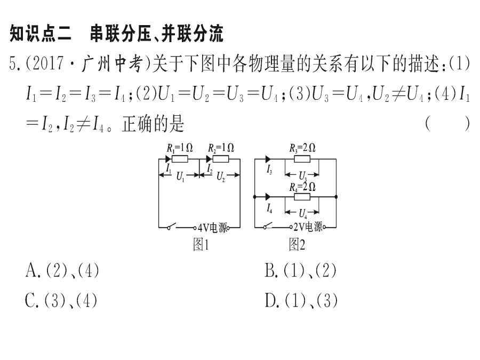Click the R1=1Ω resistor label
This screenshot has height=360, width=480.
(x=180, y=148)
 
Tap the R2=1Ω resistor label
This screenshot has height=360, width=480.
(x=221, y=148)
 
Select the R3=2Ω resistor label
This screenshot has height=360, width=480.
(x=302, y=148)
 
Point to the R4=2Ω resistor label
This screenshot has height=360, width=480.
(x=302, y=187)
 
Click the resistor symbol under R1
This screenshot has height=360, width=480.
(x=180, y=159)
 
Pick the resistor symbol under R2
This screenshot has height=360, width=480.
(x=221, y=159)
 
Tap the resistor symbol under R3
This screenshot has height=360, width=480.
(x=302, y=159)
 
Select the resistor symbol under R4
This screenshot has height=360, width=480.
(x=302, y=197)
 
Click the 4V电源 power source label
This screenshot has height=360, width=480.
(x=212, y=227)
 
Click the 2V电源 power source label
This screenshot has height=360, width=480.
(x=308, y=227)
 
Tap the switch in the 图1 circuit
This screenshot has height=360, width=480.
(x=171, y=226)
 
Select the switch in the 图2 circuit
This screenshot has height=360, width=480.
(x=268, y=226)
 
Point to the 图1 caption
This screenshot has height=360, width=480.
(x=201, y=244)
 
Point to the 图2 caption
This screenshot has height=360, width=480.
(x=297, y=244)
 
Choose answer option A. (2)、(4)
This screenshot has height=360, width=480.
(x=62, y=270)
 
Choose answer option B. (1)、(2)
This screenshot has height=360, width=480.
(x=301, y=270)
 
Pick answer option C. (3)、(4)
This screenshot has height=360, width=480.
(x=61, y=300)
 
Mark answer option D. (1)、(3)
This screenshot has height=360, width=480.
(x=301, y=300)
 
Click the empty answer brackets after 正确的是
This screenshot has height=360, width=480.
(x=447, y=124)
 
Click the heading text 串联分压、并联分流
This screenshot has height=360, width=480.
(x=157, y=34)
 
